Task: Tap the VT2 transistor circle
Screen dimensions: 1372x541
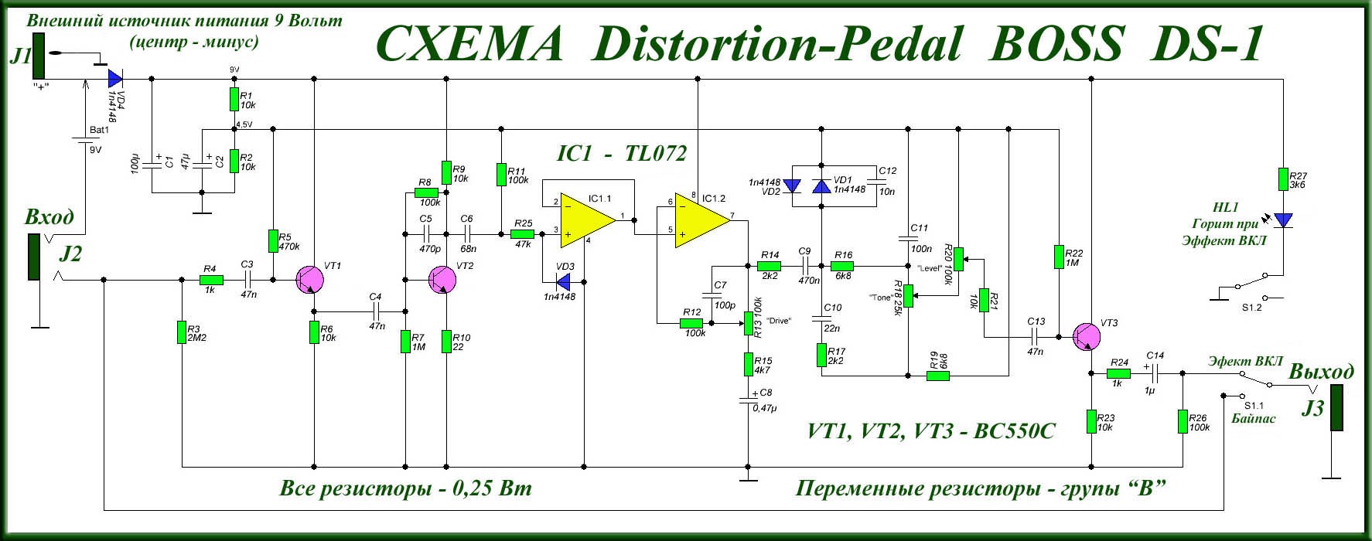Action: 444,280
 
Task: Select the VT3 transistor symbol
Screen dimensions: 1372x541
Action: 1089,336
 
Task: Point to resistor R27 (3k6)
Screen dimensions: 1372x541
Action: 1283,180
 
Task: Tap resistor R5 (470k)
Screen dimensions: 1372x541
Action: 273,241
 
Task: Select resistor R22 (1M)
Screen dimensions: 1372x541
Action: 1059,257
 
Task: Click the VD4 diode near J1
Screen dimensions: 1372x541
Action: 115,78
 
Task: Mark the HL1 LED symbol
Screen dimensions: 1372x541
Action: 1283,221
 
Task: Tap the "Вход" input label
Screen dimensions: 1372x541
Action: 49,216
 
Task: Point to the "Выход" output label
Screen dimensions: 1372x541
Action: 1321,372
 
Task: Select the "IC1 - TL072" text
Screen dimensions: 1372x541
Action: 622,154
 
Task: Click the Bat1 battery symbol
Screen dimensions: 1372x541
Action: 85,141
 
